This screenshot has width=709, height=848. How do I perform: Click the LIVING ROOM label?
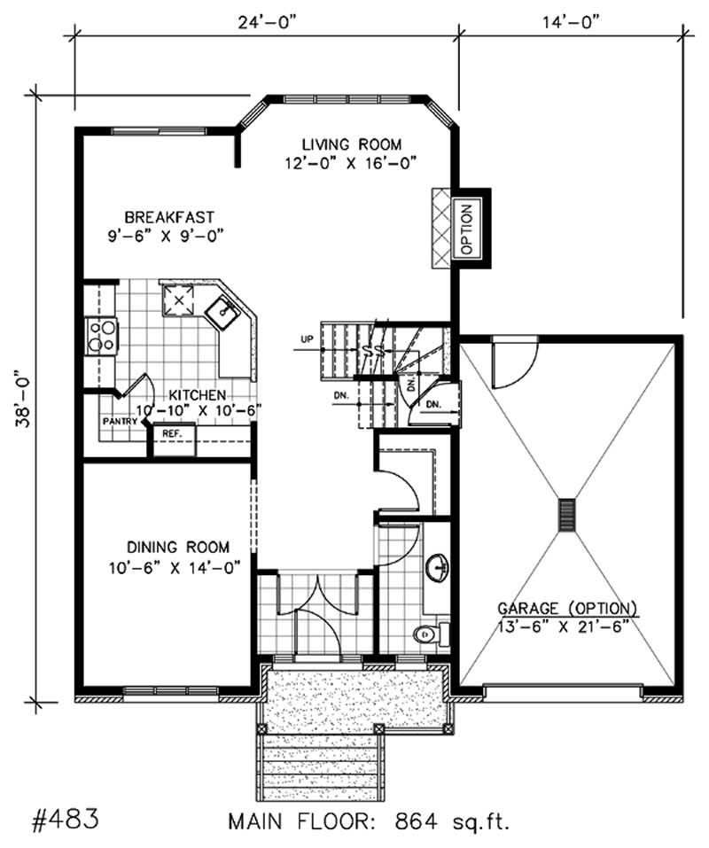pyautogui.click(x=351, y=144)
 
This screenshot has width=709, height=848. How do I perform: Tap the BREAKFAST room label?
pyautogui.click(x=169, y=217)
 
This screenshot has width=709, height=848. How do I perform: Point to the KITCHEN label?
pyautogui.click(x=197, y=394)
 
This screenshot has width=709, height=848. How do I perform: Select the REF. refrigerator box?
pyautogui.click(x=171, y=434)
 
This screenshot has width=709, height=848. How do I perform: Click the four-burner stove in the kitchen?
pyautogui.click(x=101, y=335)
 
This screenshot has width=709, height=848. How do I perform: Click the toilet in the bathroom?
pyautogui.click(x=426, y=633)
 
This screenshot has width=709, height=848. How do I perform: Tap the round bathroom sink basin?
pyautogui.click(x=437, y=565)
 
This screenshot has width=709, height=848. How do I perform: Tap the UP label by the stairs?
pyautogui.click(x=307, y=339)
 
